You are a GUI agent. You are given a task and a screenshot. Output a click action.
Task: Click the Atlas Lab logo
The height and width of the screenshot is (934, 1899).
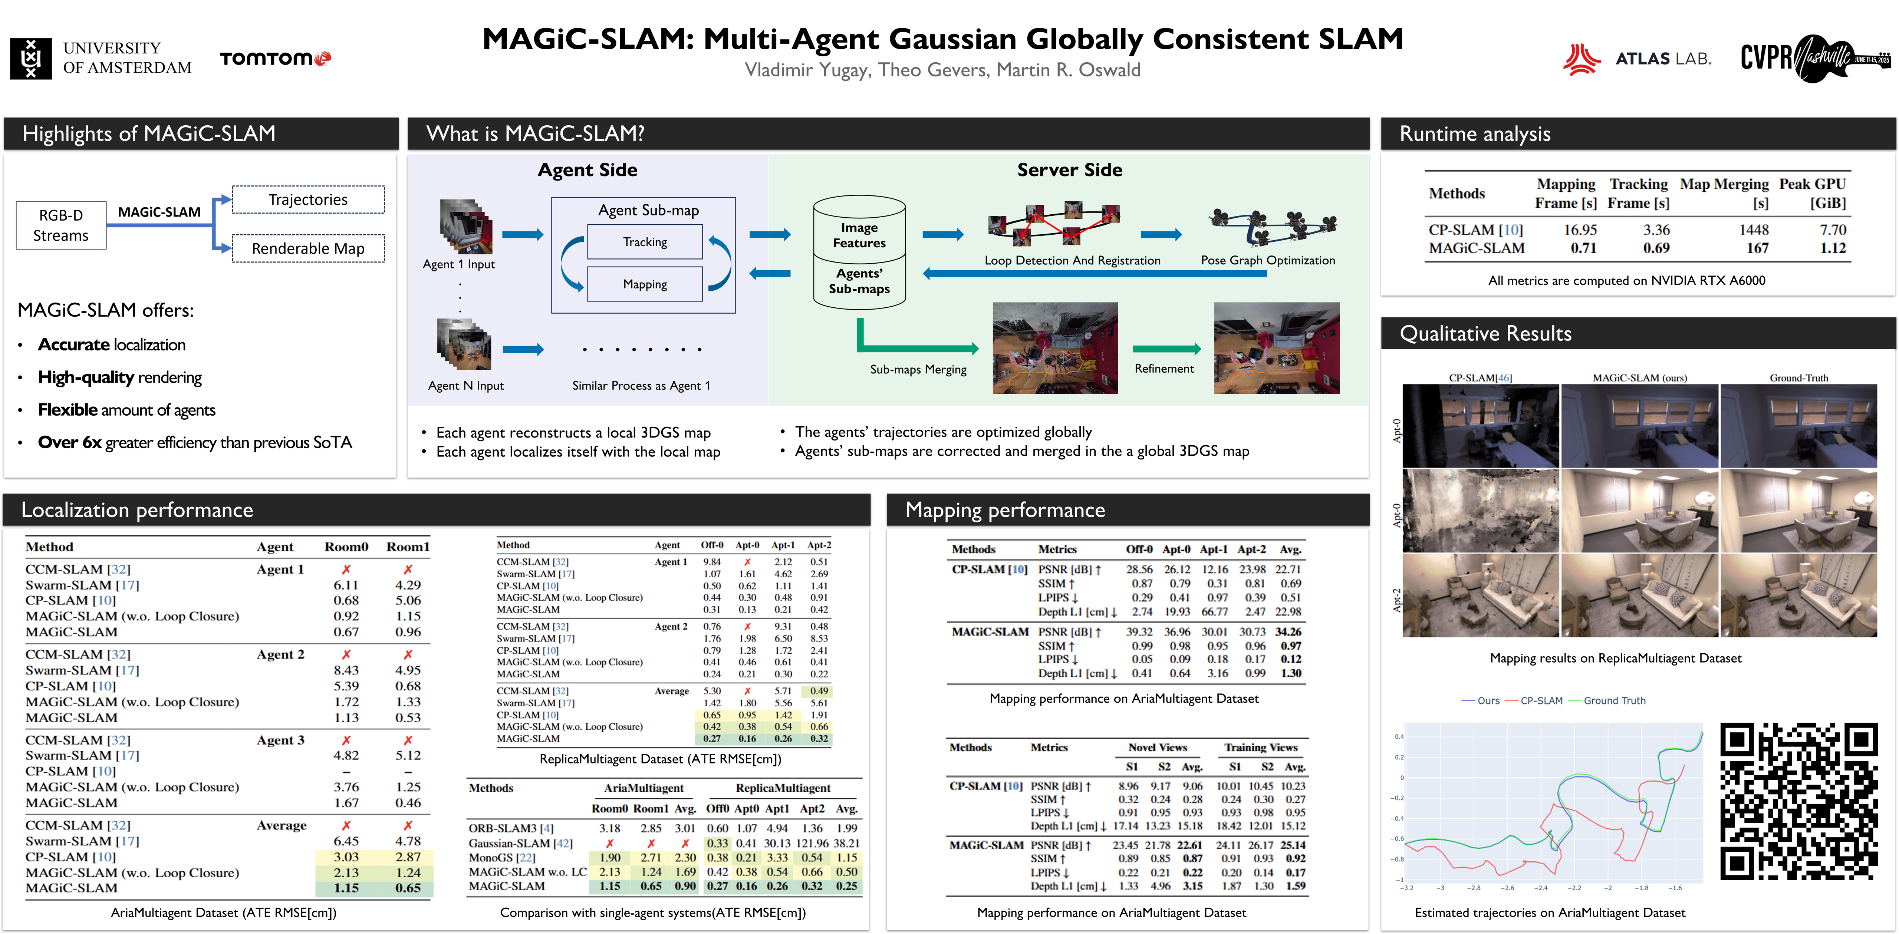tap(1636, 59)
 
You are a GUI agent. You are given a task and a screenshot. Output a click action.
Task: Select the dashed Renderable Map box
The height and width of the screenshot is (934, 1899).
tap(308, 248)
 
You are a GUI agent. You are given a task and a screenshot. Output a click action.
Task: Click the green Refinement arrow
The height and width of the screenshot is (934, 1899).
tap(1166, 349)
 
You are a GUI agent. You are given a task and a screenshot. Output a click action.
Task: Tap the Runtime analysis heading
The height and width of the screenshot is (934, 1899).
tap(1474, 134)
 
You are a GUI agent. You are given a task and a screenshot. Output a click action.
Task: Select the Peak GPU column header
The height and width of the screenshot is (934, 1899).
tap(1812, 193)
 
